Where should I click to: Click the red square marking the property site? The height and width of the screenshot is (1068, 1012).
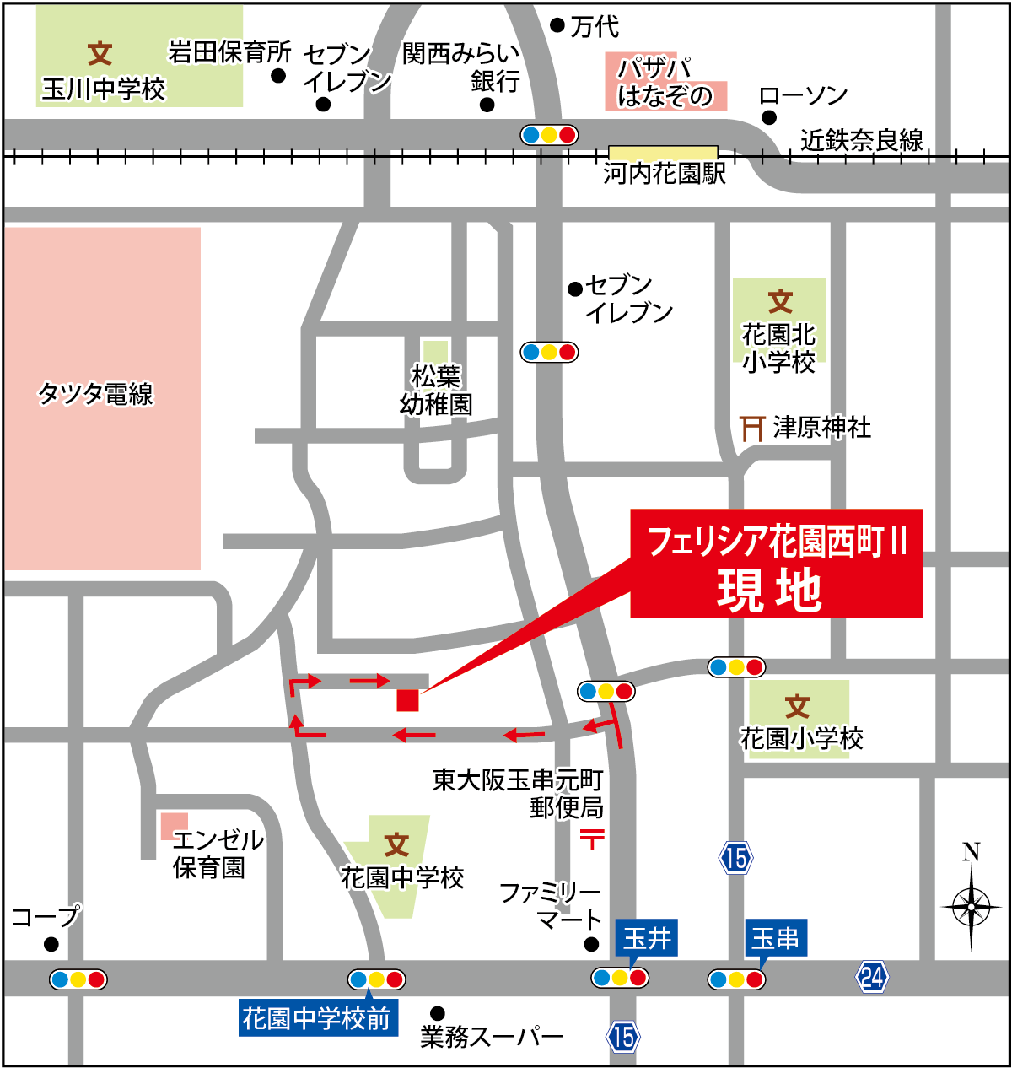(407, 700)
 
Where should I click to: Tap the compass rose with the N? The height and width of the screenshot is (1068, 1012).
(972, 905)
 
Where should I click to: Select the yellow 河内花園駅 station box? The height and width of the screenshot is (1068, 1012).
(663, 153)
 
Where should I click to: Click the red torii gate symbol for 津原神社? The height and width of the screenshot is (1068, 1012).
(752, 429)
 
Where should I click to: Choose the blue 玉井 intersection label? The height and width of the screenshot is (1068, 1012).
(647, 937)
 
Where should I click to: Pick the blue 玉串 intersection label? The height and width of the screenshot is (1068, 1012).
(775, 938)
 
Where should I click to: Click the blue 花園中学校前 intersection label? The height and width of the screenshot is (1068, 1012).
(317, 1018)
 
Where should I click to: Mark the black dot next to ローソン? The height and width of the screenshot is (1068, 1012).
(768, 118)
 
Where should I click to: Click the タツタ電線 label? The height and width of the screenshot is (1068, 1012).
(96, 394)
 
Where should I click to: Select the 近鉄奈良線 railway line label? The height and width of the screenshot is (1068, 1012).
(862, 140)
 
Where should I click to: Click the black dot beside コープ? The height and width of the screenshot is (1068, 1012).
(51, 943)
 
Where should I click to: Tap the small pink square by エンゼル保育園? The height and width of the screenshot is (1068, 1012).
(175, 825)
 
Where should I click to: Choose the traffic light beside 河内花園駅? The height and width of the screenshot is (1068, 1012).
(549, 134)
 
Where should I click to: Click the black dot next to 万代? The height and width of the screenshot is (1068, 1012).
(557, 25)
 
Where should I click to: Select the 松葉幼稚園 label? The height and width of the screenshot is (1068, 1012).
(436, 390)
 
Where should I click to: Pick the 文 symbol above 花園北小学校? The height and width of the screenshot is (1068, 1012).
(780, 301)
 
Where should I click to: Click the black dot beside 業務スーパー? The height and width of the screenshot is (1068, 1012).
(437, 1013)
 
